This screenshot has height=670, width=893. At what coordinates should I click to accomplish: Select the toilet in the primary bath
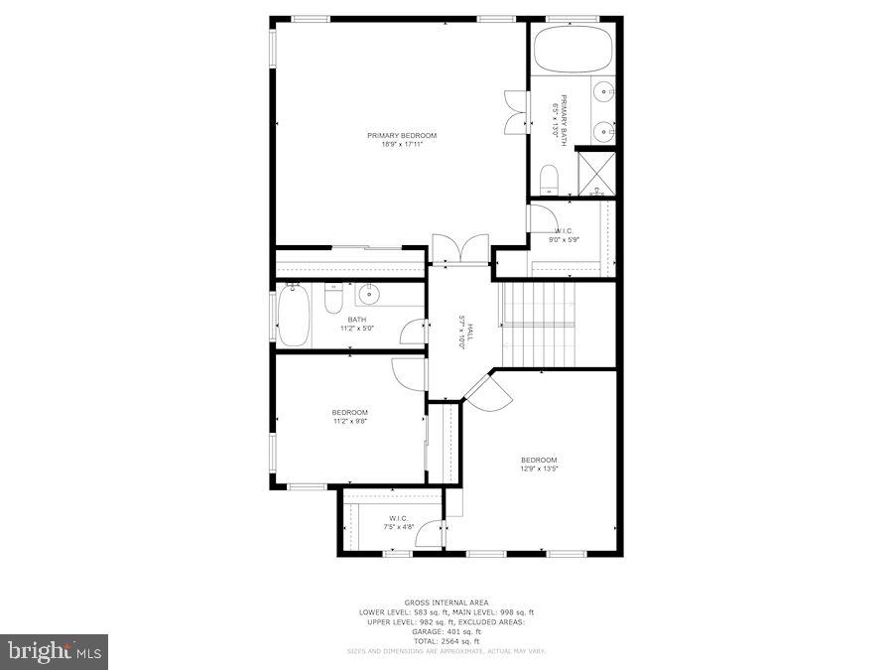pyautogui.click(x=549, y=180)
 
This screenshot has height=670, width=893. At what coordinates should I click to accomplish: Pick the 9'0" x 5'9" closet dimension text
pyautogui.click(x=565, y=239)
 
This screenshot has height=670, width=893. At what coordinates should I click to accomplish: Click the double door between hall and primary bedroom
pyautogui.click(x=460, y=248)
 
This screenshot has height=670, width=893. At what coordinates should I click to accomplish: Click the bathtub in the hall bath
pyautogui.click(x=293, y=316)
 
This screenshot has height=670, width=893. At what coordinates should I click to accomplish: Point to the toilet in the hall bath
pyautogui.click(x=333, y=299)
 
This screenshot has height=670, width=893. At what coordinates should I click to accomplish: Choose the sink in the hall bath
pyautogui.click(x=369, y=293)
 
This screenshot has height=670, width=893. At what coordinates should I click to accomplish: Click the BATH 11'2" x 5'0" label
pyautogui.click(x=356, y=324)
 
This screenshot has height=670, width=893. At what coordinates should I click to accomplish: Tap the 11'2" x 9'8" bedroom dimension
pyautogui.click(x=350, y=421)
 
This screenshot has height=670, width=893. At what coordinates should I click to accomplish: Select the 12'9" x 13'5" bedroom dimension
pyautogui.click(x=539, y=469)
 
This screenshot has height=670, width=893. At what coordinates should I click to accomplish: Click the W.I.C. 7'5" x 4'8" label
pyautogui.click(x=398, y=522)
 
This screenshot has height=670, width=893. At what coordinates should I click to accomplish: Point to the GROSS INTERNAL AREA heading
pyautogui.click(x=446, y=603)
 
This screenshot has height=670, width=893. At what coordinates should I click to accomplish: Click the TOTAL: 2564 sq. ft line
pyautogui.click(x=446, y=641)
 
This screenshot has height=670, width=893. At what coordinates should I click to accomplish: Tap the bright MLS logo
pyautogui.click(x=56, y=652)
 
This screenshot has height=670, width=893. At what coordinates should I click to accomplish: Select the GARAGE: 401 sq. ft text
pyautogui.click(x=446, y=631)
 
